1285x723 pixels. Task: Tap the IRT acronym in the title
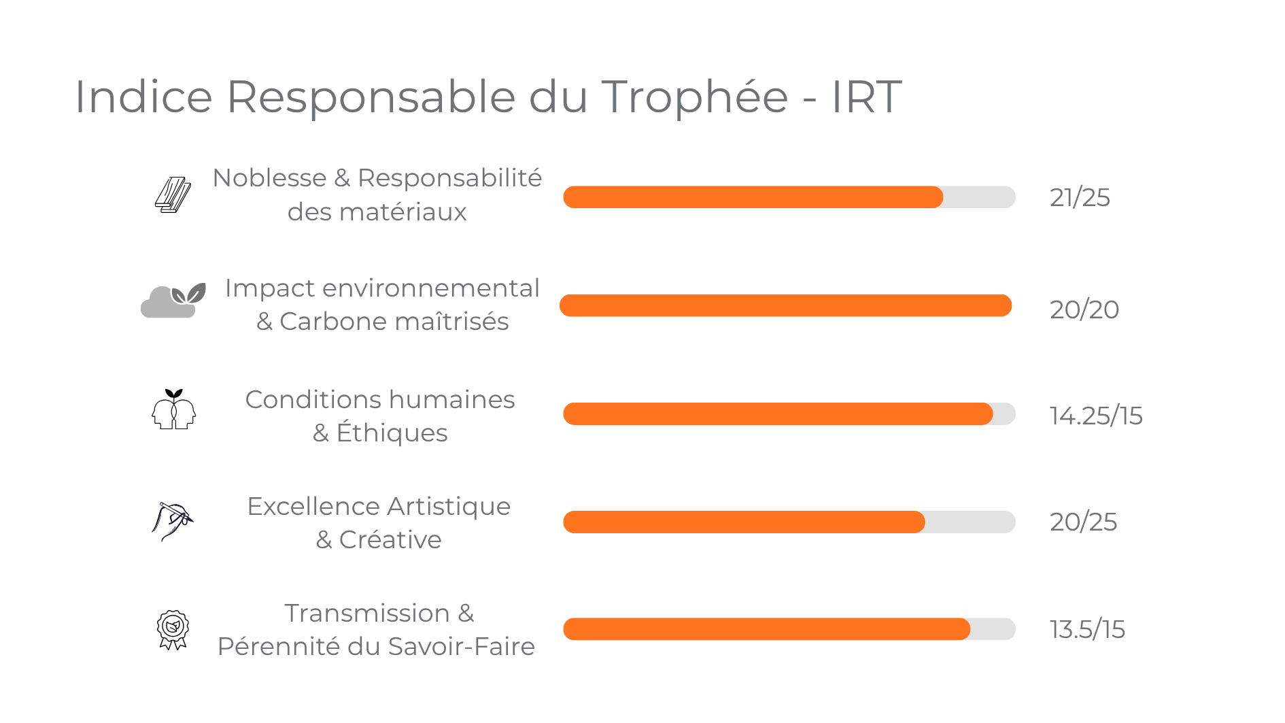866,97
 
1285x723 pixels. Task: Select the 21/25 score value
1080,198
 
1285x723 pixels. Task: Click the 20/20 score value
1084,309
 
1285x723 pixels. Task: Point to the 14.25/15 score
1095,416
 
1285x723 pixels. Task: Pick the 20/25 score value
1083,522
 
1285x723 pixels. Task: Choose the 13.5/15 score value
1086,629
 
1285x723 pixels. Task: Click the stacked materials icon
173,195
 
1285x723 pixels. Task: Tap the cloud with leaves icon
173,301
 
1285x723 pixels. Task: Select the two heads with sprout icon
173,409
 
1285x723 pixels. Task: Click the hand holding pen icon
172,521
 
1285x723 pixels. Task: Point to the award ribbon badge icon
173,629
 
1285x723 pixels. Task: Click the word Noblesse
269,178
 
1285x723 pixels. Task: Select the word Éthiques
392,433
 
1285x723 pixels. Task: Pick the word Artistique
449,507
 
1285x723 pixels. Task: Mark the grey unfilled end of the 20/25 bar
970,522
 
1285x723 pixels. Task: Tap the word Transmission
367,613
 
